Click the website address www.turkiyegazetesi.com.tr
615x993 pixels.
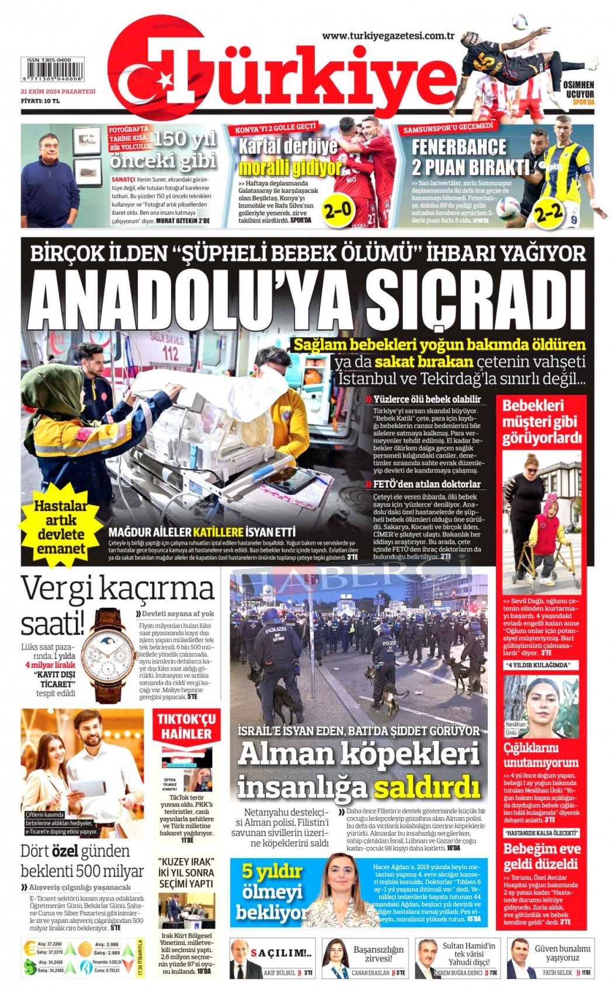click(388, 36)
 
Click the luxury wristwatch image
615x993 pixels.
click(109, 654)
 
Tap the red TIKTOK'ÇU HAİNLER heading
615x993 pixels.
click(186, 726)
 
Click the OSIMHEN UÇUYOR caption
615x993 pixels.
click(578, 93)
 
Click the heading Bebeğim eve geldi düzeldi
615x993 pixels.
click(541, 856)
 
